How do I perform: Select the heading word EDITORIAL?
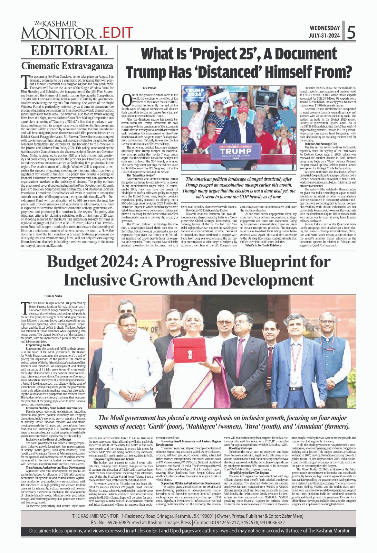69,50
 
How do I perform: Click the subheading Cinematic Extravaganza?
67,66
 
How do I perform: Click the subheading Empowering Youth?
38,345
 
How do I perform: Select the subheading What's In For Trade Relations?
263,246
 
